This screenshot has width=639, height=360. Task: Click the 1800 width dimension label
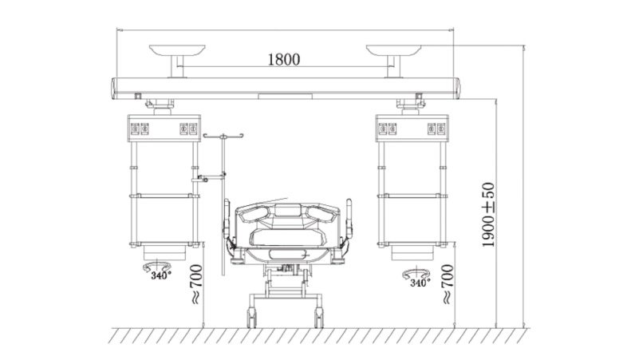(284, 60)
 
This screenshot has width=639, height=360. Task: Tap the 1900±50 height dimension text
(487, 215)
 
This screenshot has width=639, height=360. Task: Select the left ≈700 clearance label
(196, 284)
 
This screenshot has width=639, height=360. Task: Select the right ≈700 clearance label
(447, 284)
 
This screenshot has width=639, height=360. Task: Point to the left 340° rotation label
(161, 275)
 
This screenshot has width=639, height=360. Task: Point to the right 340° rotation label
(420, 282)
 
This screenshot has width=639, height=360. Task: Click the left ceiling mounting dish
(177, 50)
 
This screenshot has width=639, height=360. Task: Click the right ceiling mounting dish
(393, 50)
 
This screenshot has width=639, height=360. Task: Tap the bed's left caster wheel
(252, 318)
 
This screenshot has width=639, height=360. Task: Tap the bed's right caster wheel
(318, 318)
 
